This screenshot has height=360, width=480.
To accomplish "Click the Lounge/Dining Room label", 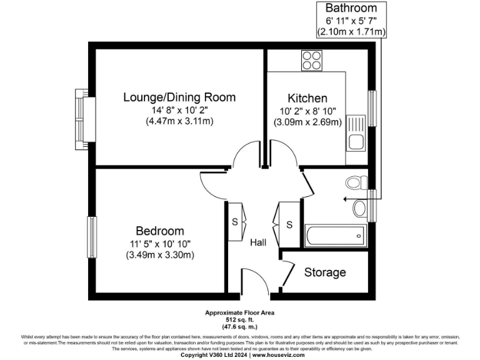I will (x=179, y=97).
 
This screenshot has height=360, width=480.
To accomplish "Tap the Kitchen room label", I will (x=307, y=98).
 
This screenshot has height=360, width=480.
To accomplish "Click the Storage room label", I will (x=325, y=272).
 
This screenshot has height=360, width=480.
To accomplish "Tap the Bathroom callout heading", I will (x=351, y=8).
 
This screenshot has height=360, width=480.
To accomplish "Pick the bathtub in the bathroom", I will (x=335, y=236).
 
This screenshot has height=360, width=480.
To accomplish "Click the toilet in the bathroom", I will (x=357, y=182).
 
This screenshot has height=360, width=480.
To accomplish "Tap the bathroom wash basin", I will (x=361, y=207).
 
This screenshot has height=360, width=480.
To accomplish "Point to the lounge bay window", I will (x=82, y=119).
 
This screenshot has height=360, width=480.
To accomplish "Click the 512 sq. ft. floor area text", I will (x=240, y=319).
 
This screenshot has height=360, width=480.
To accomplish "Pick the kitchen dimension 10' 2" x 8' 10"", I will (x=307, y=111).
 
